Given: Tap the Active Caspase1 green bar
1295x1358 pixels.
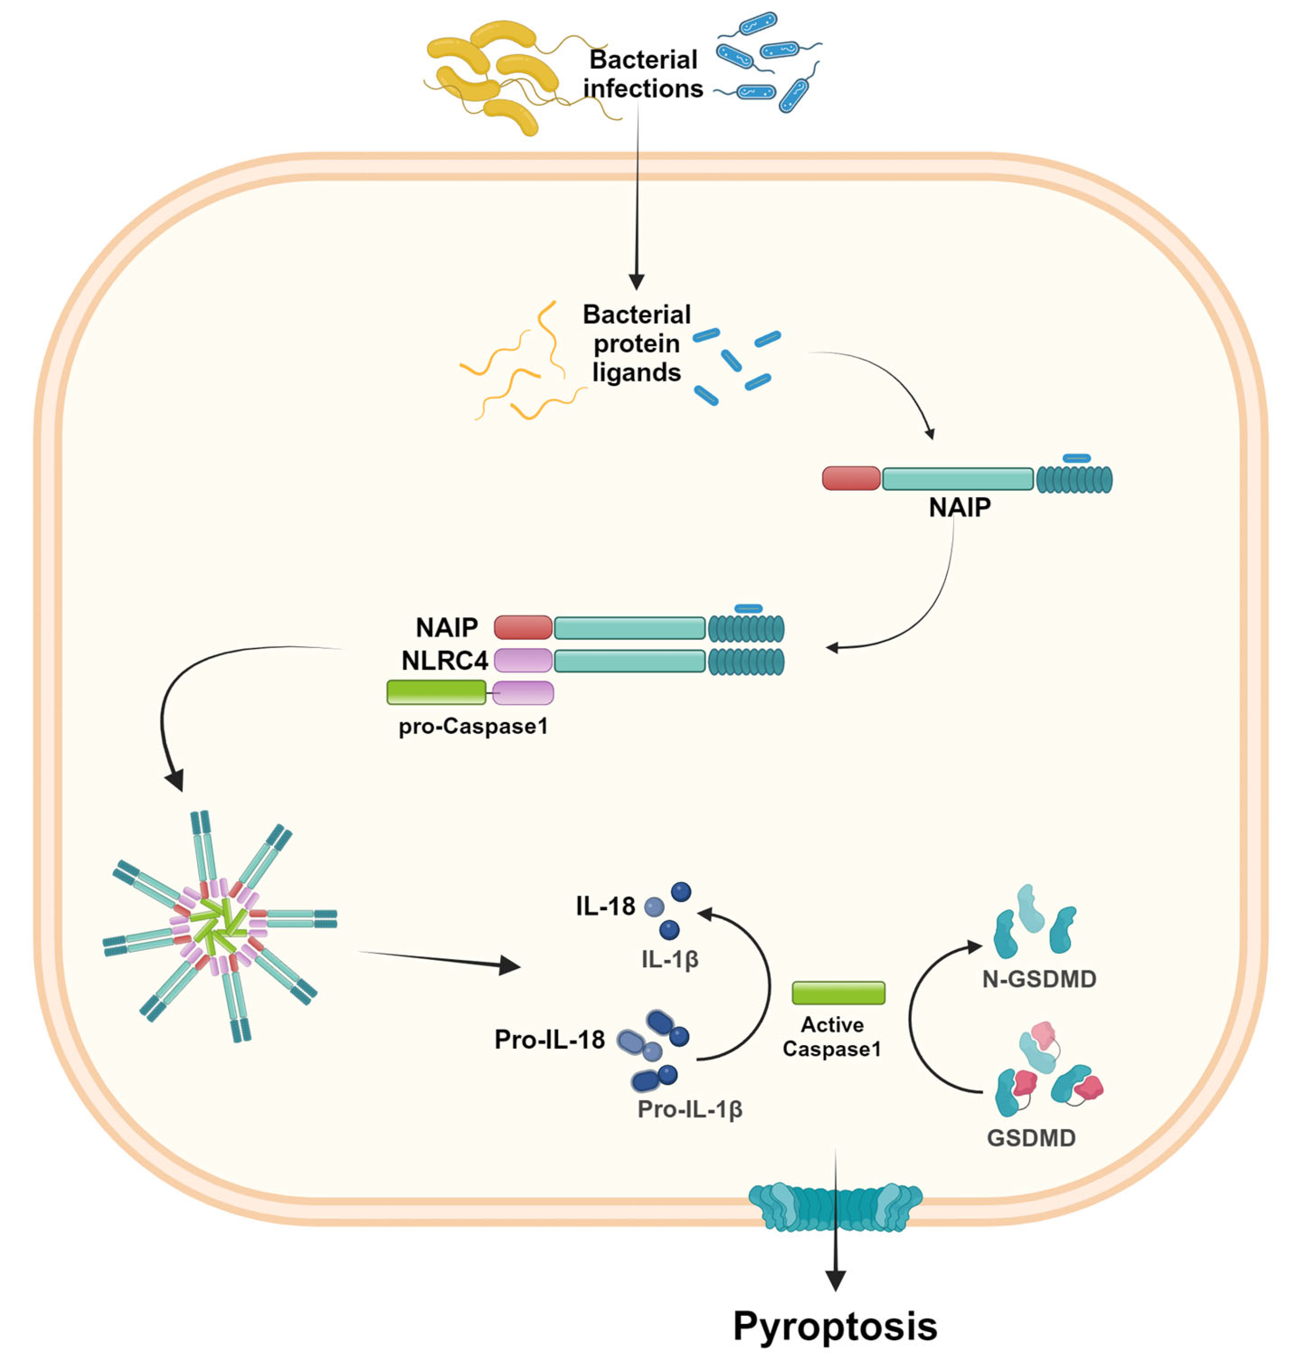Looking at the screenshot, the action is (x=838, y=992).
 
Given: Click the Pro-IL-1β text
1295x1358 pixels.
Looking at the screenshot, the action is (x=690, y=1109).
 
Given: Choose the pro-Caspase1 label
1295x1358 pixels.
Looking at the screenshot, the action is (x=473, y=726).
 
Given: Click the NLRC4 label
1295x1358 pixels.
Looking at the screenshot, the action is (x=445, y=660).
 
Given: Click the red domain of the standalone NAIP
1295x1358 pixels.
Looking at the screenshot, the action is (x=851, y=478).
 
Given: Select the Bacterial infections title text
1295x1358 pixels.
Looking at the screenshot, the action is (x=643, y=74).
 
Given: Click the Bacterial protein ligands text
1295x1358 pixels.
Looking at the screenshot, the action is (x=636, y=343).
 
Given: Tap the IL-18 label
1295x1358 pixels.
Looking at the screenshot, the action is (x=605, y=906).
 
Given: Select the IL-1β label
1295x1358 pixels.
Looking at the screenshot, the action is (x=670, y=959).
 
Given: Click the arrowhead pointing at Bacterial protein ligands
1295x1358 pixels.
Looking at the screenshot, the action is (x=636, y=282).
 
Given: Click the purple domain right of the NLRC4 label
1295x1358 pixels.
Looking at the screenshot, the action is (x=523, y=660).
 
